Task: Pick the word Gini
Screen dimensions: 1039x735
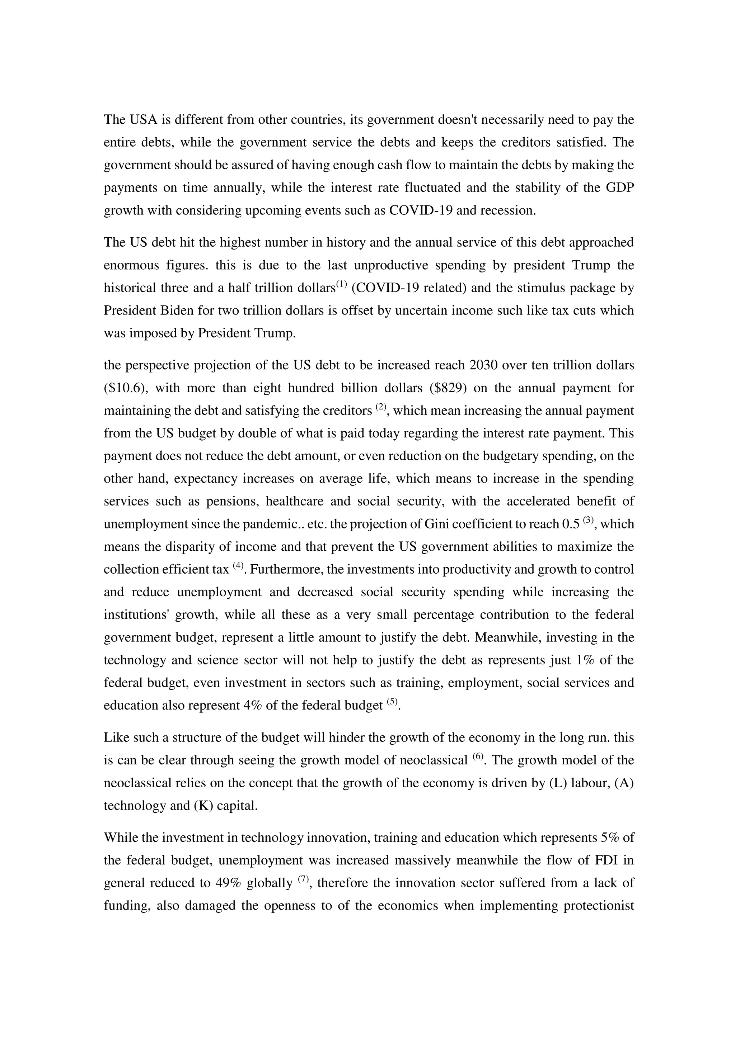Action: (437, 524)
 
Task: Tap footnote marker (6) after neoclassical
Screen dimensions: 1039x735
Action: (478, 756)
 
